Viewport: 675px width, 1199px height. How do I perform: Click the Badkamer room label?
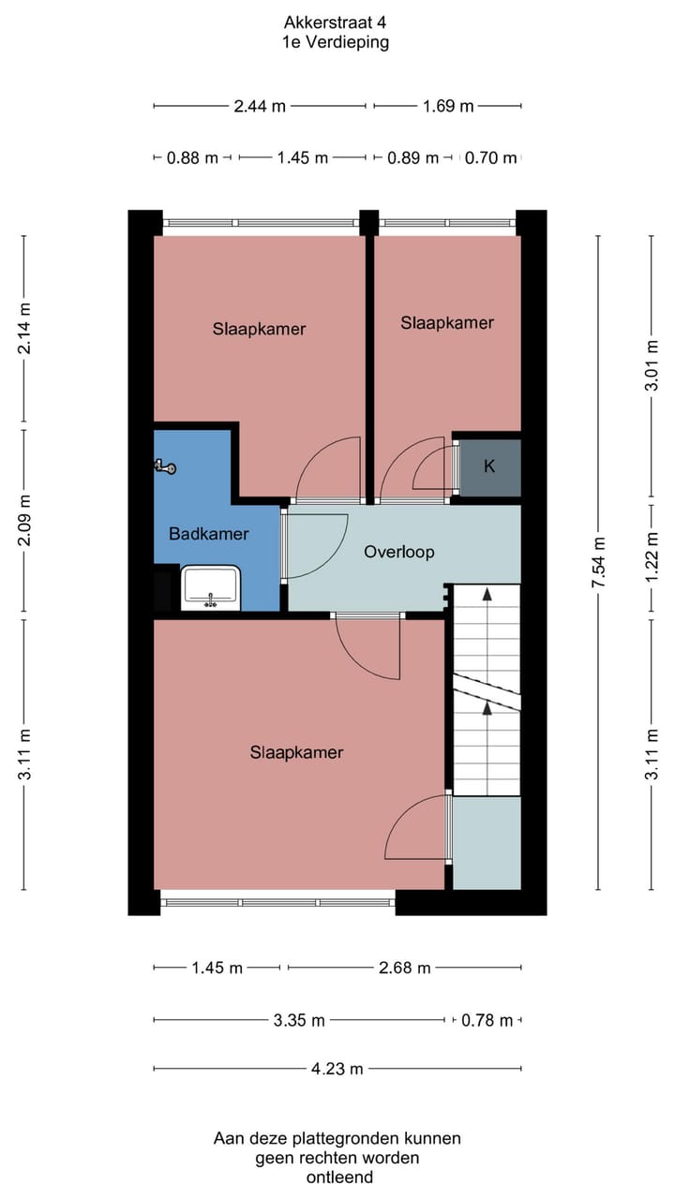coord(209,534)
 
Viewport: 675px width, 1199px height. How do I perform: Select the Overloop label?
coord(399,552)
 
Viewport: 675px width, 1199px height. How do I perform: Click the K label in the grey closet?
coord(489,466)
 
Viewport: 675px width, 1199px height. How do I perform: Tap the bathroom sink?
coord(211,588)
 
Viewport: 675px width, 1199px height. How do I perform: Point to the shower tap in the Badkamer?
coord(166,466)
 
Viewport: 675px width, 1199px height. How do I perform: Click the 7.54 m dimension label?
coord(599,562)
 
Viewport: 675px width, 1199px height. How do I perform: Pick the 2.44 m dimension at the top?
coord(260,106)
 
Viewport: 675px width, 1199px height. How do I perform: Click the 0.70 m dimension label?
coord(491,158)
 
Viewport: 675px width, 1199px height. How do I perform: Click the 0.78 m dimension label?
coord(487,1020)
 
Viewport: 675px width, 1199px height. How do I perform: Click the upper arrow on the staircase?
coord(487,594)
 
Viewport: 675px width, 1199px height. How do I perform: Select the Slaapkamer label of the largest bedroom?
coord(296,752)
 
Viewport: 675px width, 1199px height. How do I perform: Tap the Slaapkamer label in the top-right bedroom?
coord(447,322)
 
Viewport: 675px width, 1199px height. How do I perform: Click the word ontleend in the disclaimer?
coord(338,1177)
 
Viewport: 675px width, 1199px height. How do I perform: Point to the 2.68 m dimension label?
coord(405,968)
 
